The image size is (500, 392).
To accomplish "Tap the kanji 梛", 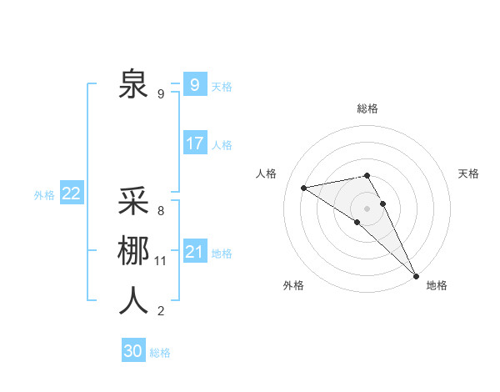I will tap(134, 251).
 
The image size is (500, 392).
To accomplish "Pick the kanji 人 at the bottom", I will tap(134, 300).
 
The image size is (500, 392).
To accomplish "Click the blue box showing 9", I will tap(194, 85).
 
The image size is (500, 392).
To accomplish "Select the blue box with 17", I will tap(194, 143).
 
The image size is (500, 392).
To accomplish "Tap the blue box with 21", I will tap(194, 252).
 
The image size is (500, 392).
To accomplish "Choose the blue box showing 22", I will tap(72, 193).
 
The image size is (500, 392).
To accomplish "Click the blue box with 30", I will tap(133, 352).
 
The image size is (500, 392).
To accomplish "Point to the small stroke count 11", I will tap(161, 261).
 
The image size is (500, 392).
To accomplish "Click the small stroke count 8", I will tap(160, 211).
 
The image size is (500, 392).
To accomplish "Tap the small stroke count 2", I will tap(160, 311).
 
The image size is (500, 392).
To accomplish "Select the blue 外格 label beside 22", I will tap(44, 195).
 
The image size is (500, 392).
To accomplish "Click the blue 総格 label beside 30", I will tap(160, 354).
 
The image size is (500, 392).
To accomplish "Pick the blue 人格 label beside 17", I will tap(222, 145).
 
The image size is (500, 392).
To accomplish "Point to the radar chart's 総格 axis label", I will tap(367, 108).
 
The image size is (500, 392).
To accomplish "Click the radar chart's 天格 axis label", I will tap(469, 173).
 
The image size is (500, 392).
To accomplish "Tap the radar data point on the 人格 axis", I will tap(304, 188).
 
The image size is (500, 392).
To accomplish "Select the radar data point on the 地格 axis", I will tap(416, 274).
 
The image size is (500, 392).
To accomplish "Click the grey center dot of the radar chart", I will tap(367, 207).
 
